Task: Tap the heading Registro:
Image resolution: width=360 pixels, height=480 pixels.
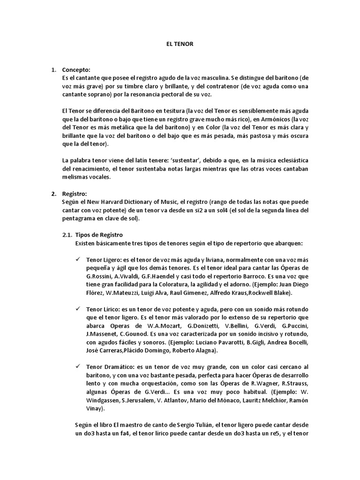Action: coord(75,194)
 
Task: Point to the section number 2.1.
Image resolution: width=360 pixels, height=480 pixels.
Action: coord(67,235)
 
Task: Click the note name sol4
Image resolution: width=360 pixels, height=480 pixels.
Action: coord(216,210)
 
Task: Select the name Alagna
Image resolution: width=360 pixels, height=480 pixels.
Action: coord(206,350)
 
